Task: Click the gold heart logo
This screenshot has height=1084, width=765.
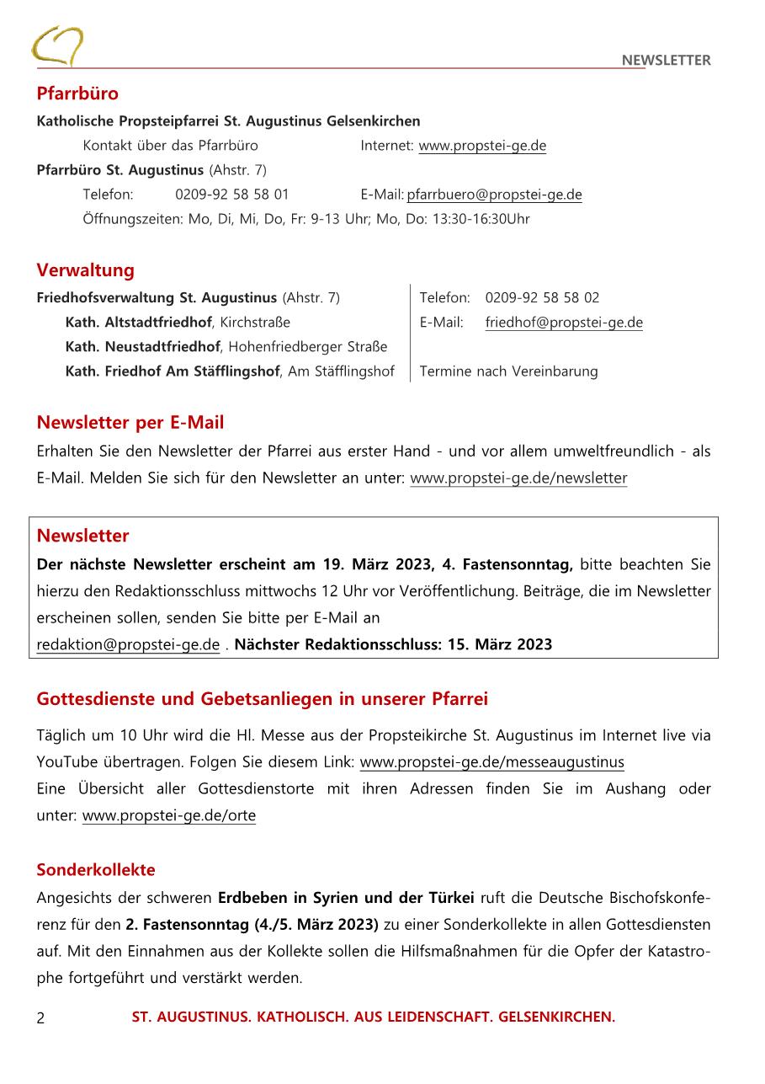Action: pyautogui.click(x=56, y=45)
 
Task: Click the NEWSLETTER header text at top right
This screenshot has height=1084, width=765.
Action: pyautogui.click(x=666, y=60)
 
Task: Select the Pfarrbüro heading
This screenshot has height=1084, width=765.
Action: pyautogui.click(x=77, y=93)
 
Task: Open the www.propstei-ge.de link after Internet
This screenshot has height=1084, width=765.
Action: pyautogui.click(x=482, y=146)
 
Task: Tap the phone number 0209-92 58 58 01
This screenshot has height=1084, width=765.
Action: pyautogui.click(x=231, y=195)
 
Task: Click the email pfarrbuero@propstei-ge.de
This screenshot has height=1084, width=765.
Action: pyautogui.click(x=495, y=195)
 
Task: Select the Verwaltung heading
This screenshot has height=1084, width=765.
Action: pyautogui.click(x=85, y=270)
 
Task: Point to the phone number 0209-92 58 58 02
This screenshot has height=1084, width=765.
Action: pyautogui.click(x=542, y=298)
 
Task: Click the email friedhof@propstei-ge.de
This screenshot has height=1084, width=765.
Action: pyautogui.click(x=564, y=323)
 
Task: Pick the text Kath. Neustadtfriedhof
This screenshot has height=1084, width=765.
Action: pyautogui.click(x=143, y=347)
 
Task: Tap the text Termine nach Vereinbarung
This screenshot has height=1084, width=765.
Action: pyautogui.click(x=508, y=371)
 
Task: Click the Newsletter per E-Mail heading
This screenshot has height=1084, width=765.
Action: pyautogui.click(x=130, y=423)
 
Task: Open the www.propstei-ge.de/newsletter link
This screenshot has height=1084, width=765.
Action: pyautogui.click(x=518, y=478)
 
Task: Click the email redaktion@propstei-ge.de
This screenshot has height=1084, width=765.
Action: pyautogui.click(x=128, y=645)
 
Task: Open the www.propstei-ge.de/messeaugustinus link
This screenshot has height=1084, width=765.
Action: pyautogui.click(x=491, y=763)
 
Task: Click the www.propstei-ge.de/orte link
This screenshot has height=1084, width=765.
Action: pyautogui.click(x=169, y=816)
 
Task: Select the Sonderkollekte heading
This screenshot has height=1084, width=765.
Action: pyautogui.click(x=96, y=870)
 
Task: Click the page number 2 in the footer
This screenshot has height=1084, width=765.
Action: pyautogui.click(x=40, y=1018)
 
